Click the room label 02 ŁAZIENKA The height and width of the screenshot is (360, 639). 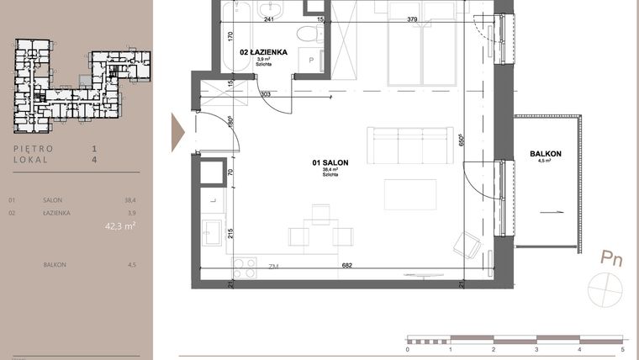[x=264, y=52]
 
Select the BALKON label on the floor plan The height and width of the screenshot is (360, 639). [x=546, y=154]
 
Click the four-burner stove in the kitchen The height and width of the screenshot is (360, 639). [x=244, y=268]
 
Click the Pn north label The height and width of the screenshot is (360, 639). [x=610, y=258]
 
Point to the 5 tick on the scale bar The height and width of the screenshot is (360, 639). [x=622, y=347]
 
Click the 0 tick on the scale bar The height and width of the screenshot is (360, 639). [x=407, y=347]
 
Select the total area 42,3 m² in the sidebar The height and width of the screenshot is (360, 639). [x=120, y=225]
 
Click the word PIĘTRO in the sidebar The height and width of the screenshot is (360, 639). [x=34, y=149]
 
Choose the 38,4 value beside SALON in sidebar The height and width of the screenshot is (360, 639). [x=129, y=201]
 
